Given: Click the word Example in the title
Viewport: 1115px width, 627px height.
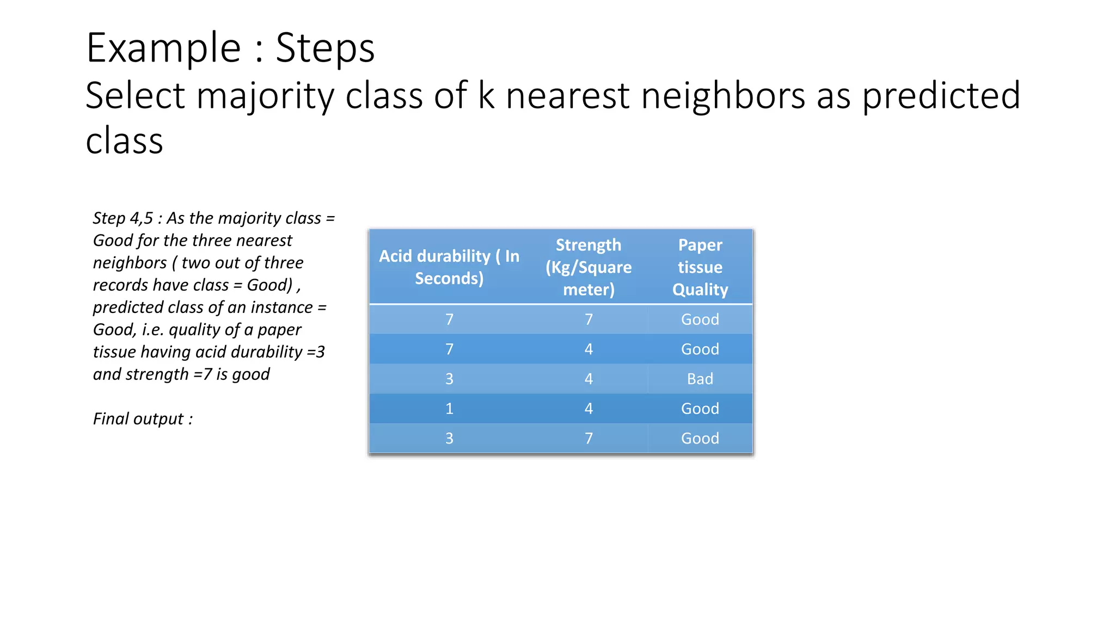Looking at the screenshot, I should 163,48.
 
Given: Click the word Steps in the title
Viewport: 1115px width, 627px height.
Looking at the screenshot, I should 325,48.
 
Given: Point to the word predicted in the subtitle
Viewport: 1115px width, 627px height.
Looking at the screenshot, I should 941,96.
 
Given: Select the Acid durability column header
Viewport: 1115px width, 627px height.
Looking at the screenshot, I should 449,267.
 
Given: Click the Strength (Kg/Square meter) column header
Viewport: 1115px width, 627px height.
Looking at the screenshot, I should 589,267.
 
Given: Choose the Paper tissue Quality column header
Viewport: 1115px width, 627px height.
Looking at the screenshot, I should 700,267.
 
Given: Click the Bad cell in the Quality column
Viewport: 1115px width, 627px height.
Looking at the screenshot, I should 700,379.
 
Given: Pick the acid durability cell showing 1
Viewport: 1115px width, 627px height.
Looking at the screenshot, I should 449,409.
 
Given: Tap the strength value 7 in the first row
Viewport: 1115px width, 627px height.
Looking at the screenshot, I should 589,319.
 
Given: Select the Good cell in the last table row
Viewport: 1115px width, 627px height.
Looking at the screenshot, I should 700,438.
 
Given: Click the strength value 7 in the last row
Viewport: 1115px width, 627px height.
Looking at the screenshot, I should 589,438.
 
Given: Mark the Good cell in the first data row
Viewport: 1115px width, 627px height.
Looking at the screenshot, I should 700,319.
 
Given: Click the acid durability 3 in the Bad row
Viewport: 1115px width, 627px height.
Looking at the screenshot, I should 449,379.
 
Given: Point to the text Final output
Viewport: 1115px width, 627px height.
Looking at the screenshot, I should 143,419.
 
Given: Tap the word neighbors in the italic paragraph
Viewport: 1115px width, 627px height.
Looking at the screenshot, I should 130,263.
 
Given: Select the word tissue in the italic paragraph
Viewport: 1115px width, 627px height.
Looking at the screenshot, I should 114,352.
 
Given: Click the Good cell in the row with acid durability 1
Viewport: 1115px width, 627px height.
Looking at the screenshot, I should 700,409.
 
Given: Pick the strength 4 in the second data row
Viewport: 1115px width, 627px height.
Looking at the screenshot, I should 589,349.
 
